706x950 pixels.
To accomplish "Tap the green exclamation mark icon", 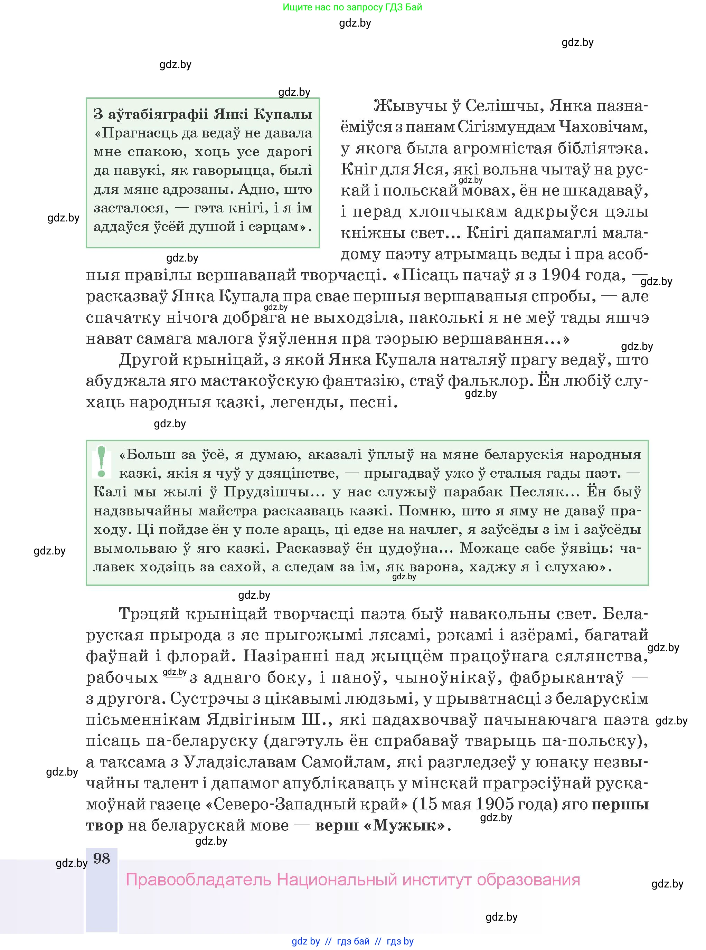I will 101,462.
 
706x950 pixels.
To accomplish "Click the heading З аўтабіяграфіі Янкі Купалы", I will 203,114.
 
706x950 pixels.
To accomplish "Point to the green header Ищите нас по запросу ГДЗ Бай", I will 352,7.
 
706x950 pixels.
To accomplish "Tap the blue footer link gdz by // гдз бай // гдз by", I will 352,941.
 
